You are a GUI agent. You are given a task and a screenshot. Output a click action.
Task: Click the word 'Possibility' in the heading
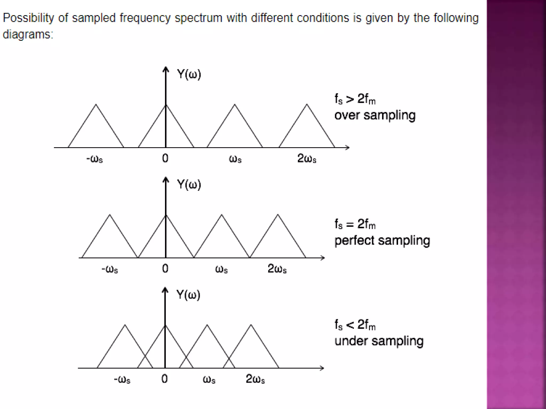point(28,18)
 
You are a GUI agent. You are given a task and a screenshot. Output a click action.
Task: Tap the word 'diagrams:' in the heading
point(28,35)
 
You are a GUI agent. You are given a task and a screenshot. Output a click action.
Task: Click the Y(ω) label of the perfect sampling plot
point(189,184)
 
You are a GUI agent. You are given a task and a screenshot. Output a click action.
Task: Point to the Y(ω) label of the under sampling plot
point(188,295)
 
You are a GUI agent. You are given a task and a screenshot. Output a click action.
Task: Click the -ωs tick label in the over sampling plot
point(95,159)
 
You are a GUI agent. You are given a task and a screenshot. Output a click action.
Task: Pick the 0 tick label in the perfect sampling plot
point(165,268)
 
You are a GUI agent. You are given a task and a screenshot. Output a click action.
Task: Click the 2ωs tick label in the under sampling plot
point(255,379)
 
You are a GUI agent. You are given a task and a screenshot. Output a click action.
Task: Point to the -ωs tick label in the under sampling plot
point(122,379)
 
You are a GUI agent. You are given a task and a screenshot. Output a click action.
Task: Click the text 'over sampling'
point(375,116)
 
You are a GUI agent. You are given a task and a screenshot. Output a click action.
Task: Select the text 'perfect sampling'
point(382,241)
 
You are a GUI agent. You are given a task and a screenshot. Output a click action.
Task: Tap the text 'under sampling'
point(379,341)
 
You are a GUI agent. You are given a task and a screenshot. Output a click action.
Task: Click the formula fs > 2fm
point(355,99)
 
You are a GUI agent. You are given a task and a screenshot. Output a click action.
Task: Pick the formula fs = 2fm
point(355,224)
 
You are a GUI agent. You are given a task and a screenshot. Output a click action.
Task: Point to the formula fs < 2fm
point(355,325)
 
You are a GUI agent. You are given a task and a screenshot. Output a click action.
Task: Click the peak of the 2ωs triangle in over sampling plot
point(307,104)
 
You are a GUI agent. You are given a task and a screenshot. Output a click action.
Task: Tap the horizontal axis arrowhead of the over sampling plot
point(347,148)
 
